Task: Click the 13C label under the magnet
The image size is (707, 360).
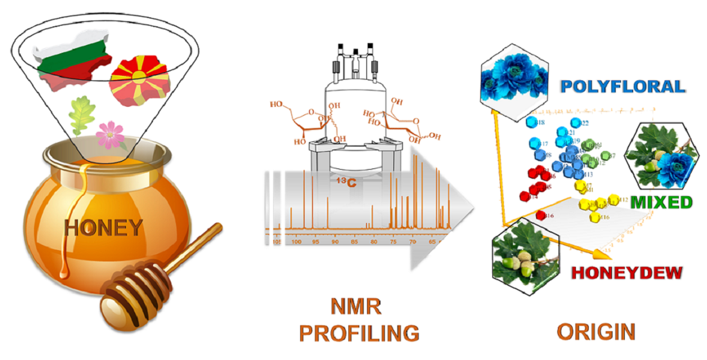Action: [346, 183]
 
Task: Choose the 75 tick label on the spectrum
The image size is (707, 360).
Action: [393, 242]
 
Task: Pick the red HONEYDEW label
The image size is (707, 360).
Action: [627, 273]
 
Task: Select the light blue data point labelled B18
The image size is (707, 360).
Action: [531, 122]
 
